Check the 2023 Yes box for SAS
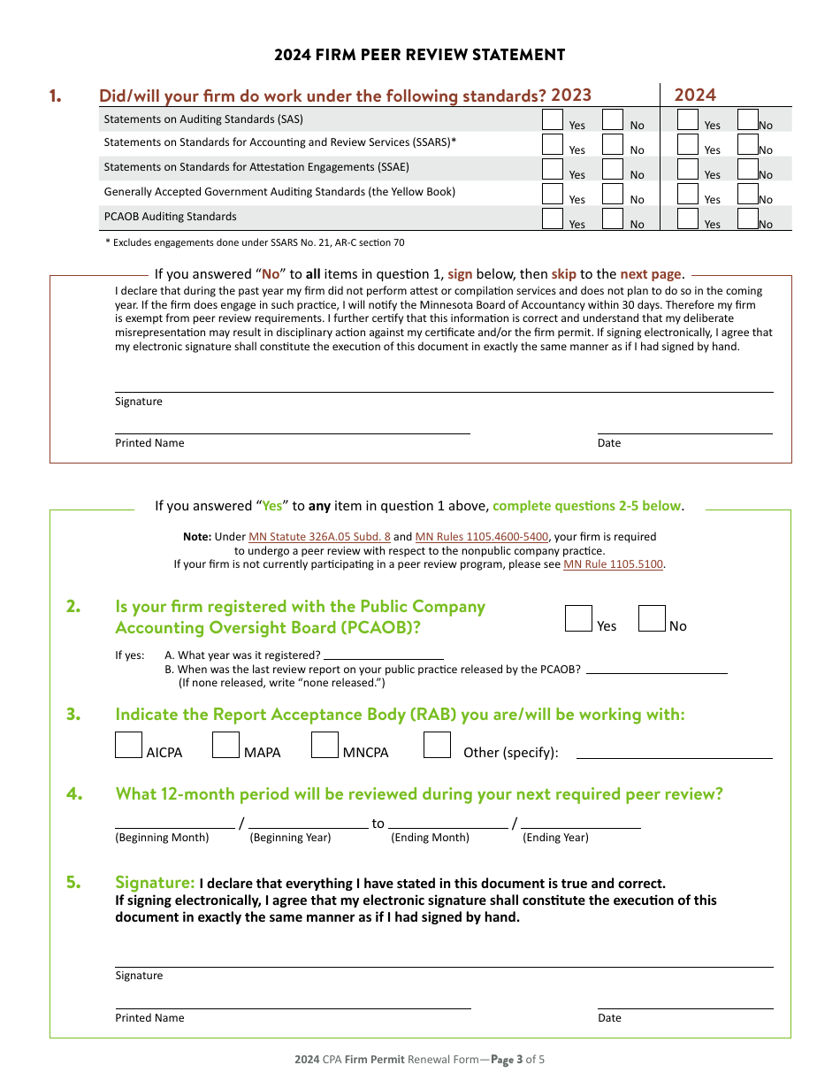[x=553, y=119]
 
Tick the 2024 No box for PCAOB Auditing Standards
[x=748, y=218]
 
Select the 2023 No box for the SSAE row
[x=613, y=169]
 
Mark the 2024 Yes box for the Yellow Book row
[x=688, y=194]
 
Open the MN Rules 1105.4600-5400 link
[x=481, y=537]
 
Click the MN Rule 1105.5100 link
[x=613, y=564]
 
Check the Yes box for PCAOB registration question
[x=578, y=618]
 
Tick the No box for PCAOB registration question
[x=652, y=618]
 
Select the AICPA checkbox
[x=129, y=745]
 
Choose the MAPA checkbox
[x=226, y=745]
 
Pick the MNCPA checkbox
[x=325, y=745]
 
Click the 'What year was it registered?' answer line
[x=383, y=655]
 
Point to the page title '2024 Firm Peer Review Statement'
[x=419, y=55]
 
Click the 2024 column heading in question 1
[x=695, y=96]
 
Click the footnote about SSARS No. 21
[x=255, y=242]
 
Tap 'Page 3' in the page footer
[x=502, y=1059]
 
